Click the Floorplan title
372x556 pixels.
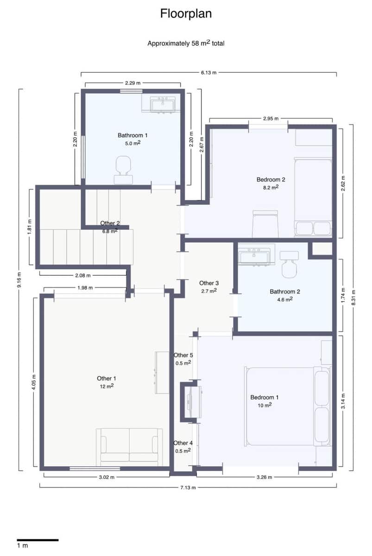tap(186, 14)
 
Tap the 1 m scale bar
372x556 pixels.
tap(38, 540)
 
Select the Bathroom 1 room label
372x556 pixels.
tap(132, 135)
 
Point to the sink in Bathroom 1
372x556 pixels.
tap(163, 105)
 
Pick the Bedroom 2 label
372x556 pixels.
tap(271, 179)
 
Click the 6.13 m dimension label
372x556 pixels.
tap(208, 73)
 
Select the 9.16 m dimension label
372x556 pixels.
tap(19, 279)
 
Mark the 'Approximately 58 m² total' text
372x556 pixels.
tap(186, 44)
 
